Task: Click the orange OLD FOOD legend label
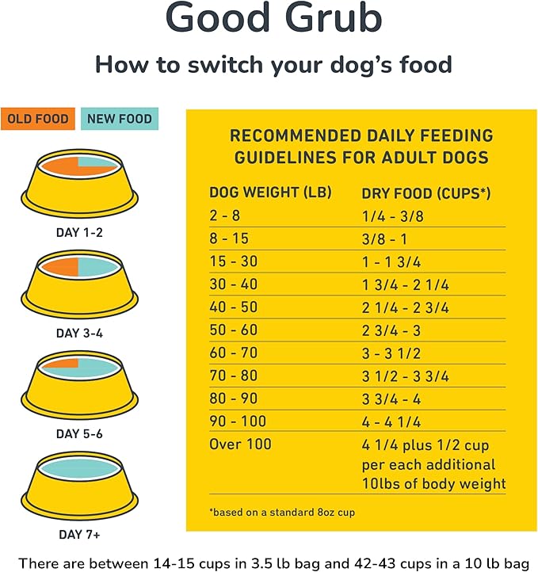point(38,119)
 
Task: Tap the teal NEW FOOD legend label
point(120,119)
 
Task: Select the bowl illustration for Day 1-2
point(78,183)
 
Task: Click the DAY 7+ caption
point(78,536)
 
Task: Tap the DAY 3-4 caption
point(78,334)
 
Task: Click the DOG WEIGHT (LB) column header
point(269,193)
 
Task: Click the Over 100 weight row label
point(241,444)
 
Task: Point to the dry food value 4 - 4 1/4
point(391,421)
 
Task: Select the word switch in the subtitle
point(212,65)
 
